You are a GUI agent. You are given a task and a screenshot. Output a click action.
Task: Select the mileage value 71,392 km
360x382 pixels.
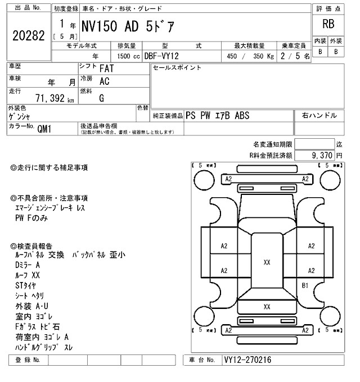pyautogui.click(x=55, y=99)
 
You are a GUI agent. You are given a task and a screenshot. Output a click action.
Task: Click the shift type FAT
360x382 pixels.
pyautogui.click(x=108, y=69)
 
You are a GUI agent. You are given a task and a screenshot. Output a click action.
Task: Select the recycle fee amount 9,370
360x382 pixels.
pyautogui.click(x=319, y=154)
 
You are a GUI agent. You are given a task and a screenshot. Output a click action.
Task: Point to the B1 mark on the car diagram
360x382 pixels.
pyautogui.click(x=306, y=285)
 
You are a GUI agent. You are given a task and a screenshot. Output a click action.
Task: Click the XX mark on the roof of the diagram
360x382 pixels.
pyautogui.click(x=267, y=262)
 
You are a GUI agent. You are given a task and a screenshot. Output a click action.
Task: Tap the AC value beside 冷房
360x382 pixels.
pyautogui.click(x=104, y=81)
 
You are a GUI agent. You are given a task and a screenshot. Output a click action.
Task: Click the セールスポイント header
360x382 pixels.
pyautogui.click(x=177, y=67)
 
